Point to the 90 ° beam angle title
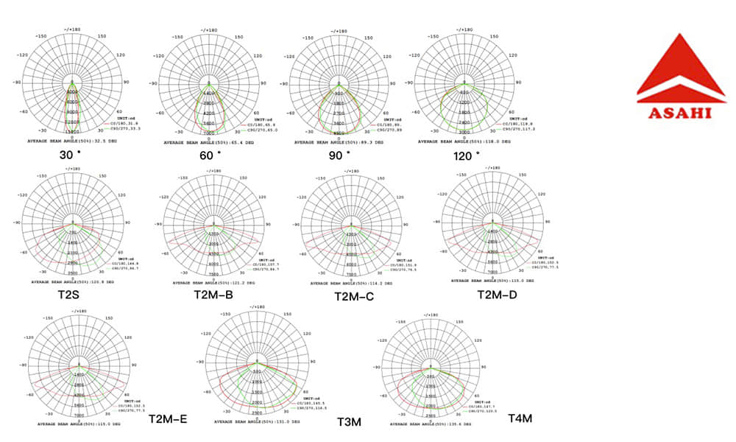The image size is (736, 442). pos(340,155)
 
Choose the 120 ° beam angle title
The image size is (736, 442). pos(467,155)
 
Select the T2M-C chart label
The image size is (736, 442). pos(354,296)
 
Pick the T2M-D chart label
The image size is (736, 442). pos(497,295)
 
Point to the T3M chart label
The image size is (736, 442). pos(349,422)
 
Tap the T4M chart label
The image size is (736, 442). pos(520,419)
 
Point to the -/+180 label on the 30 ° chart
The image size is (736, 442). pos(71,27)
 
